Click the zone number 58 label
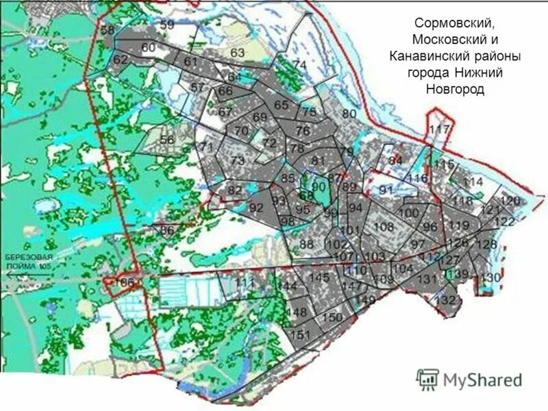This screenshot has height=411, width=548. (108, 30)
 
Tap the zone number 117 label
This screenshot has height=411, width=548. (439, 129)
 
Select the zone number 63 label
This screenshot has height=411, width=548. (238, 53)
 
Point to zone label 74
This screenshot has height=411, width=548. (299, 64)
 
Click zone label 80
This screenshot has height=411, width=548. (349, 114)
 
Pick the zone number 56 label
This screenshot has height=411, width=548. (167, 139)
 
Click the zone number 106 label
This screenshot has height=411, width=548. (125, 282)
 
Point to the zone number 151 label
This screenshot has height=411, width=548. (301, 334)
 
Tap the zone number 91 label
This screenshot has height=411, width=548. (386, 190)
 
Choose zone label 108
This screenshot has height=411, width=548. (384, 227)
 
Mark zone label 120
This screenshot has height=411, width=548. (510, 201)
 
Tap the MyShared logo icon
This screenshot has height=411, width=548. (427, 379)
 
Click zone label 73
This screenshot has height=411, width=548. (237, 160)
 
